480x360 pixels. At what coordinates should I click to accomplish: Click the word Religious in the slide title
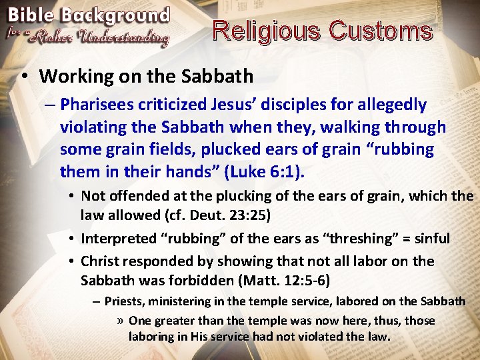coord(267,31)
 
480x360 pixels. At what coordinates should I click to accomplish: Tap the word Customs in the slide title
coord(381,31)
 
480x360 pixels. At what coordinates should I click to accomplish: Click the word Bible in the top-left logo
coord(31,15)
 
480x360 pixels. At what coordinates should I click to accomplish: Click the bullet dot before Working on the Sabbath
coord(24,76)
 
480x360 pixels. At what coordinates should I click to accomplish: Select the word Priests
coord(123,301)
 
